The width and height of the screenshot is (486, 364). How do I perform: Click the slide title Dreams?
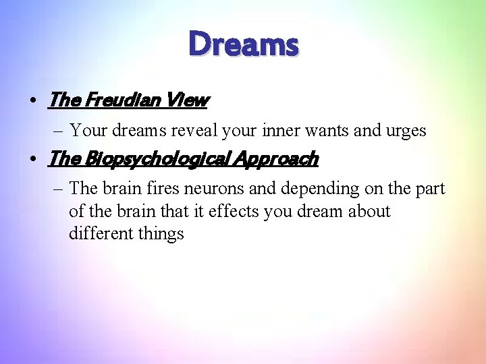click(x=243, y=45)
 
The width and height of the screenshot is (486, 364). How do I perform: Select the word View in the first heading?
click(x=188, y=100)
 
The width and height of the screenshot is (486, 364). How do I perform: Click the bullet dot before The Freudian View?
click(x=32, y=101)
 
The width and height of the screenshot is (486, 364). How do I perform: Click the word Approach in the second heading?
click(x=276, y=159)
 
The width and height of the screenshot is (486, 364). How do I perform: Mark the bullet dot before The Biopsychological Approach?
click(x=32, y=160)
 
